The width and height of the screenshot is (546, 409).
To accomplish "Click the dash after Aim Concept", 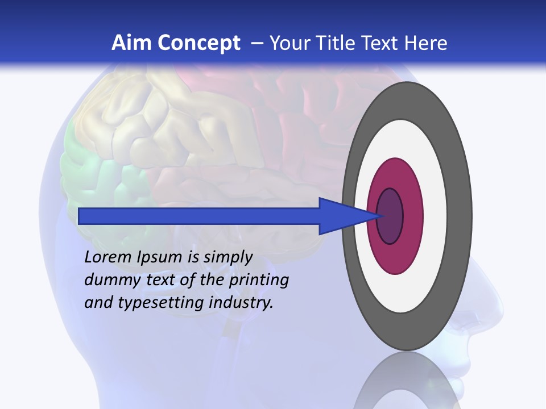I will pos(257,43).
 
